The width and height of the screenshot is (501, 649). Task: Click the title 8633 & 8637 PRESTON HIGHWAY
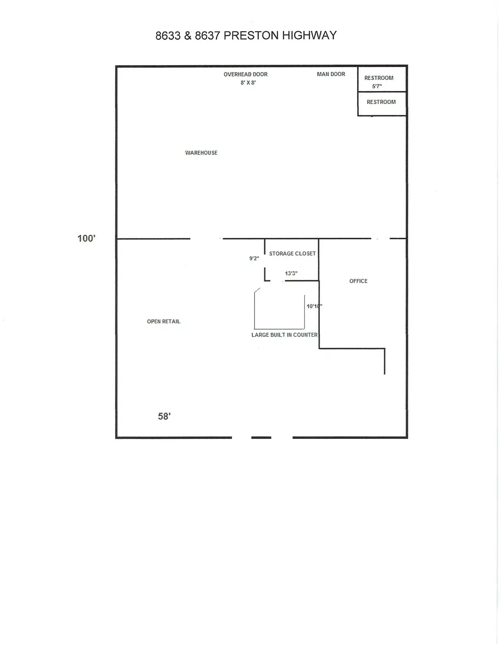246,36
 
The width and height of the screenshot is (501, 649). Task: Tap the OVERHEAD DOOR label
246,74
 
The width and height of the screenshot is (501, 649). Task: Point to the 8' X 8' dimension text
248,83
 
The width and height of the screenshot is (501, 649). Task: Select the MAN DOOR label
331,74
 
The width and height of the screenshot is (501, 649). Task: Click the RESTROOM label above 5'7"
379,78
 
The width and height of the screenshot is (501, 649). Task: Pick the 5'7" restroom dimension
377,86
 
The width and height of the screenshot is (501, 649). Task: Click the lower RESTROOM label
381,102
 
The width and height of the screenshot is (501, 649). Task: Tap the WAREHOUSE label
201,153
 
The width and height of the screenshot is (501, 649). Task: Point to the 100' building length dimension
86,239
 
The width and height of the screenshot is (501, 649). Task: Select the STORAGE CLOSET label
292,254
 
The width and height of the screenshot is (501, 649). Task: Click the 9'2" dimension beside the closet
254,258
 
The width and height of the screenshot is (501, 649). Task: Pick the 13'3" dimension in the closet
291,273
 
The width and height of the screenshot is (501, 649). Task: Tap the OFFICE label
358,281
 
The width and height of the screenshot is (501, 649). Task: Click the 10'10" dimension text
315,306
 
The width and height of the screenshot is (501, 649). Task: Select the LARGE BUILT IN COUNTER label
285,335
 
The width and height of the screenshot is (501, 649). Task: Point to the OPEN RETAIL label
163,322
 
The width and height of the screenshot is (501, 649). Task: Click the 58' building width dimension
165,416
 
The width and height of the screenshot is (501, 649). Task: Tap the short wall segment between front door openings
261,438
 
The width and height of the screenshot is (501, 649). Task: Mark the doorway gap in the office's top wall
381,239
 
